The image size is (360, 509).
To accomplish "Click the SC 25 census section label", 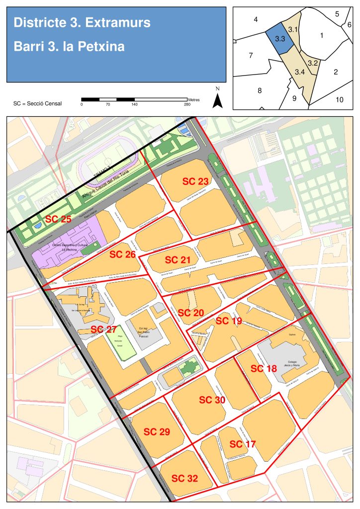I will point(59,219).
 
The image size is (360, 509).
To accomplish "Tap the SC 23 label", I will point(195,181).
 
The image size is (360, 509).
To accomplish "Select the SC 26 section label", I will point(122,254).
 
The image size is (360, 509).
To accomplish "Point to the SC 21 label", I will point(178,260).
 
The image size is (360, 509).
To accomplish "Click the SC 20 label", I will point(191,313).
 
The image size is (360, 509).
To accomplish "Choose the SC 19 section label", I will point(229,321).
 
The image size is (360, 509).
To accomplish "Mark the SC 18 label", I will point(264,368).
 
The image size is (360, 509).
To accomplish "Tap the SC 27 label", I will point(103,330).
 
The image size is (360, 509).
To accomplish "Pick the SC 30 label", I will point(212,400).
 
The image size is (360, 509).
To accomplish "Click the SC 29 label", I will point(157,432).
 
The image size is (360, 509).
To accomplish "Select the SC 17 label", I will point(243,444).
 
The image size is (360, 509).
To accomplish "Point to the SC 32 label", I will point(185,479).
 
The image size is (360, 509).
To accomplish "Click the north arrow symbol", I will point(217,99).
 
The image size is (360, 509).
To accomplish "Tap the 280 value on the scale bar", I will point(187,104).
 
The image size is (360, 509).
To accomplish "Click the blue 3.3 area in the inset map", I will point(279,38).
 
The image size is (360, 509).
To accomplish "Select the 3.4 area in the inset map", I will point(299,72).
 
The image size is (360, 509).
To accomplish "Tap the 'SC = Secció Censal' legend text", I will point(38,103).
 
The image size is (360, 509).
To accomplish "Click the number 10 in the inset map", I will point(339,99).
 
